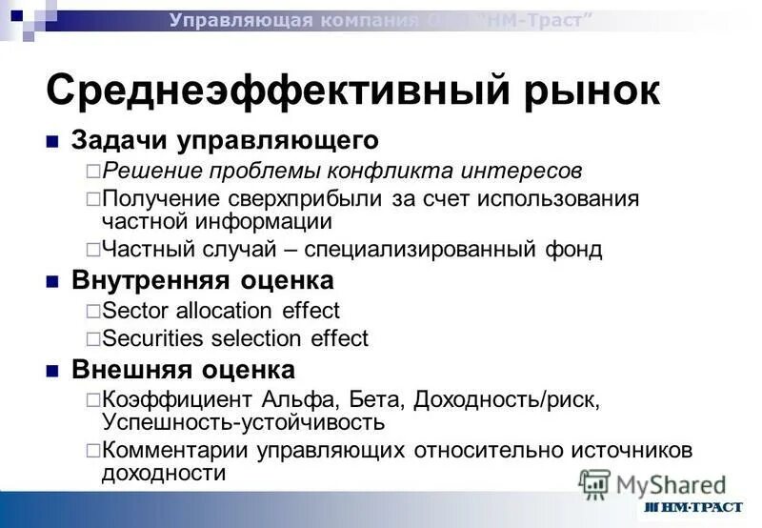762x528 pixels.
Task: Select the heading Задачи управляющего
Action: point(225,141)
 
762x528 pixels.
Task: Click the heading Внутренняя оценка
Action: point(203,280)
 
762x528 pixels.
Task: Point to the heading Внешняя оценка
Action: point(183,369)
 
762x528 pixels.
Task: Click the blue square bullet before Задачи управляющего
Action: point(53,142)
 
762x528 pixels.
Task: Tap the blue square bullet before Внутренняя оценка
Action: point(53,281)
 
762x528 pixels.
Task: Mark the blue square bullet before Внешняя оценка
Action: point(53,370)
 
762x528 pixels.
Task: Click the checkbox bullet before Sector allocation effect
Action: point(92,311)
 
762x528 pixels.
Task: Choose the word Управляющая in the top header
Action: point(241,20)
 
